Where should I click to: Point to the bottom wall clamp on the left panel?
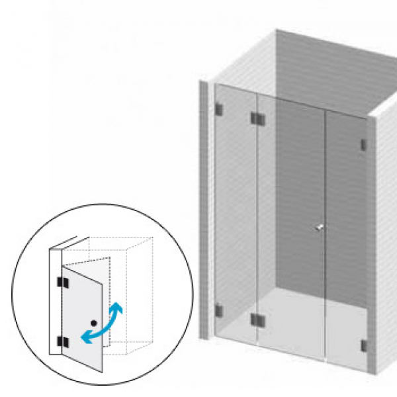pos(219,310)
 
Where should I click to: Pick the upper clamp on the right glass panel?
pos(363,144)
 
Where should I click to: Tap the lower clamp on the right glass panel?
pos(363,345)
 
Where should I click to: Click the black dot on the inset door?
pos(95,322)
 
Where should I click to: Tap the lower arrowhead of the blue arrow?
pos(85,338)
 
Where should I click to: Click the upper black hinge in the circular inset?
pos(62,283)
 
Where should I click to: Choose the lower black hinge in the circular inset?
pos(62,341)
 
